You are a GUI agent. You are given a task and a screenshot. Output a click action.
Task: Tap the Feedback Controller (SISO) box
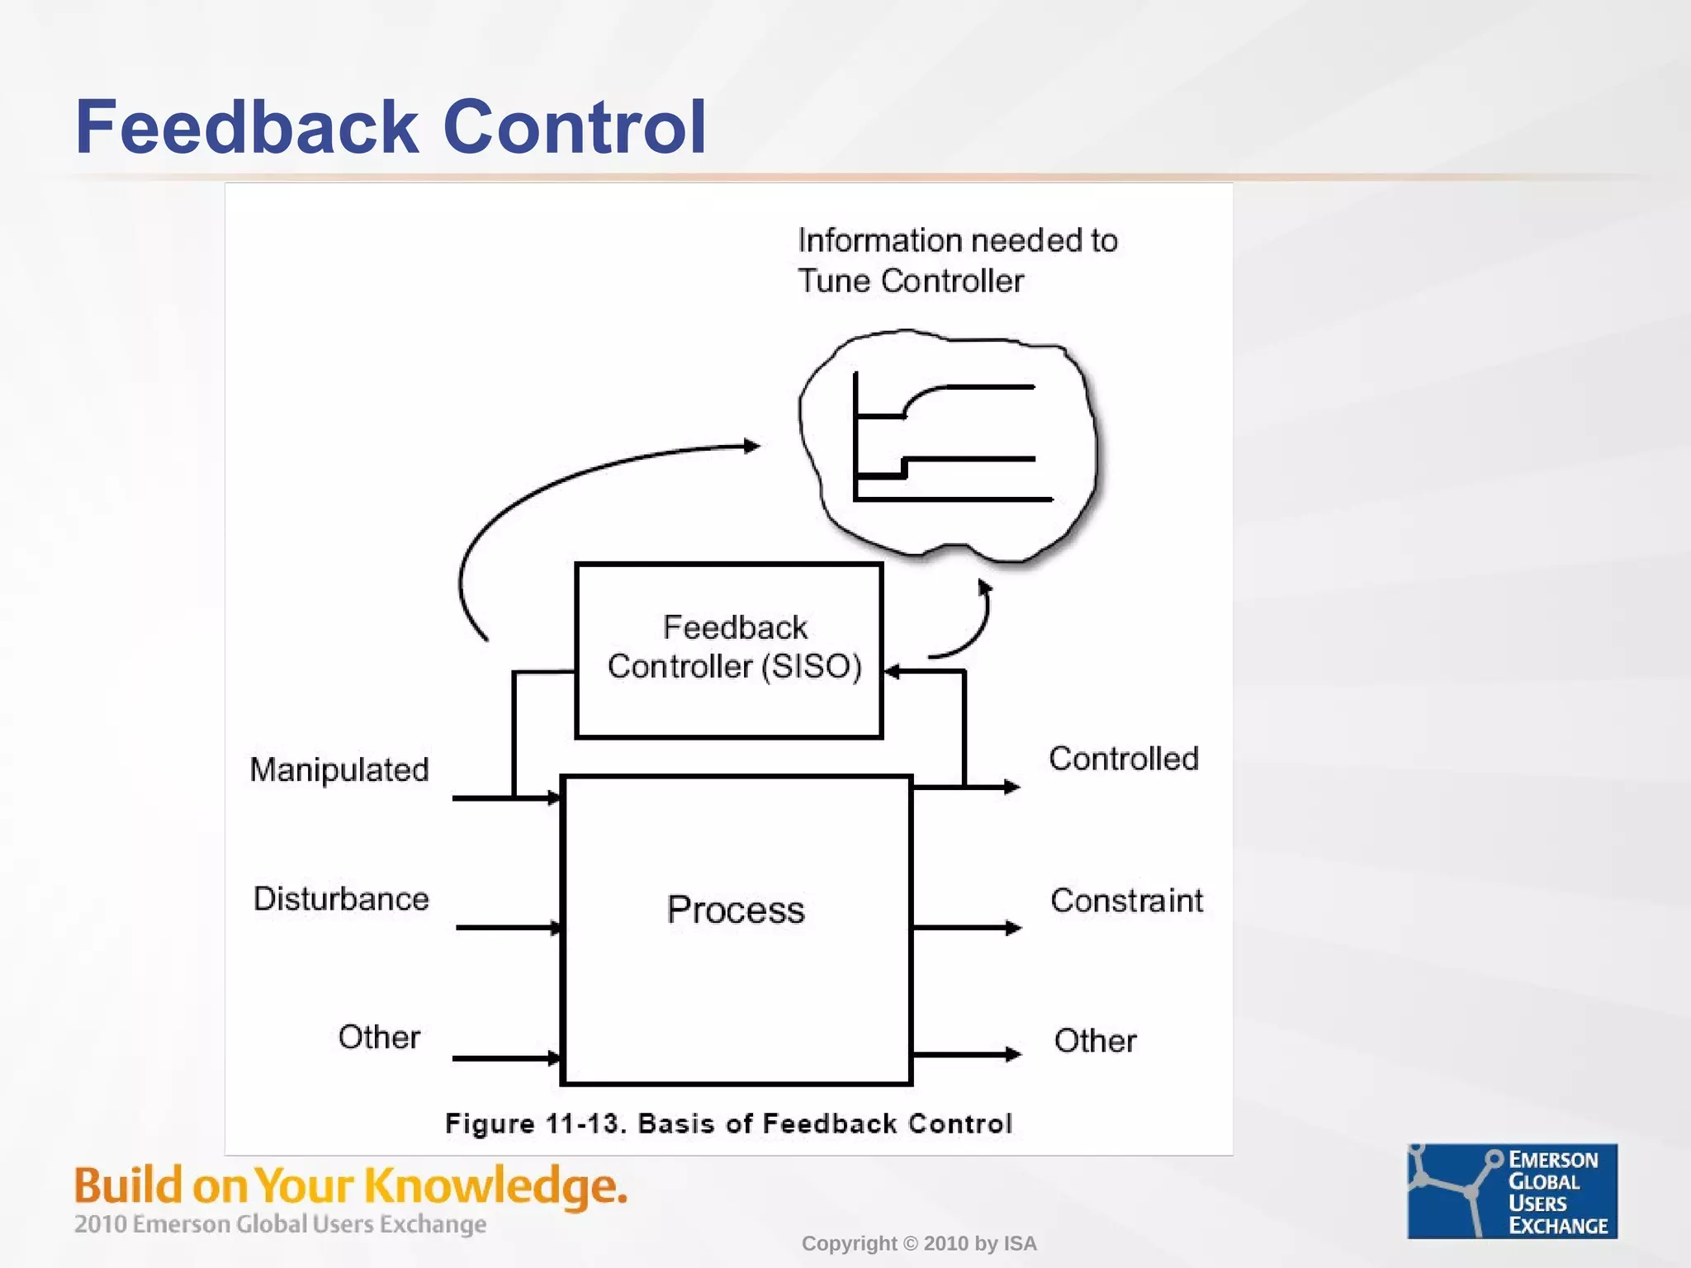pos(729,650)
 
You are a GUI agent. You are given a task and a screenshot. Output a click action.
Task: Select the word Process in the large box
pos(736,910)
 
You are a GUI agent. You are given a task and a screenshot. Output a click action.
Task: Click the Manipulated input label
pos(339,769)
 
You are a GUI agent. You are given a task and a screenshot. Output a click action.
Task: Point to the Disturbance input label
pos(341,898)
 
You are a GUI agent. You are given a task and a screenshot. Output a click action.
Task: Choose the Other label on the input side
pos(379,1037)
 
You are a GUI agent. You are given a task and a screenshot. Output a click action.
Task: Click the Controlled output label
pos(1123,759)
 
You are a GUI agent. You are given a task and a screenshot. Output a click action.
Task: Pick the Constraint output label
pos(1126,901)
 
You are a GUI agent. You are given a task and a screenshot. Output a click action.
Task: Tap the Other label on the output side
pos(1095,1041)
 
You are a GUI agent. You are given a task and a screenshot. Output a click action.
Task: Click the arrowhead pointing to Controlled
pos(1011,788)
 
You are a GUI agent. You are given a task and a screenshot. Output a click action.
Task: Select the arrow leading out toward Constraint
pos(967,929)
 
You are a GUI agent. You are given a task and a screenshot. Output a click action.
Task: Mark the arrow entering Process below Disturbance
pos(508,928)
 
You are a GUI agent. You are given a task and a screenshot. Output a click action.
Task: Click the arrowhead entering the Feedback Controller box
pos(893,671)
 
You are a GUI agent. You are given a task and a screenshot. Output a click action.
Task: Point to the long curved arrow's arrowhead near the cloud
pos(751,447)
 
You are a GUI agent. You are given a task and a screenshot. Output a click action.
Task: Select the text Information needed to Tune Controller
pos(957,261)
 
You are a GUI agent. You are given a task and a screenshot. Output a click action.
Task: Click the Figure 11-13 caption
pos(728,1124)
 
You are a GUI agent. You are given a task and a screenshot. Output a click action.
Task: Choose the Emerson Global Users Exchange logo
pos(1512,1190)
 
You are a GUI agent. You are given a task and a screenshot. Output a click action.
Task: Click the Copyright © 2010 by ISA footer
pos(918,1243)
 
